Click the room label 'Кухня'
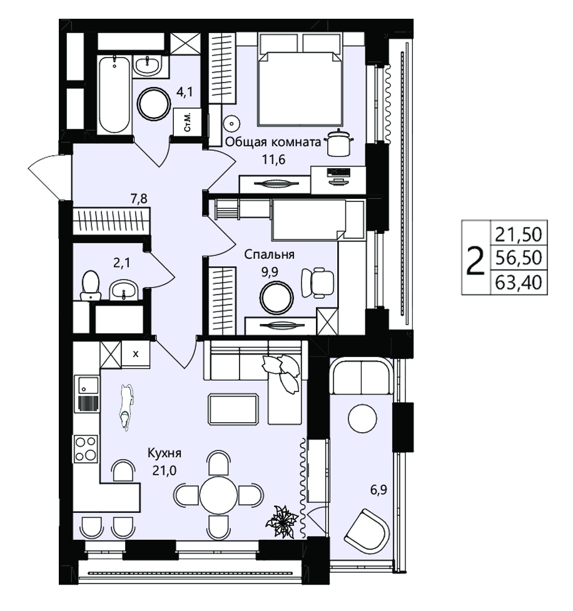[x=164, y=453]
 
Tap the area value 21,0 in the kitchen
[x=164, y=470]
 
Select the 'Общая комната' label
[x=273, y=142]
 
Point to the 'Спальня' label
[x=269, y=255]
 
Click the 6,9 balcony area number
[x=378, y=490]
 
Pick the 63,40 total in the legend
[x=519, y=282]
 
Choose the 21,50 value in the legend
[x=519, y=234]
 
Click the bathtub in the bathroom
[x=114, y=94]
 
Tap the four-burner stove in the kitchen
[x=86, y=448]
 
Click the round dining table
[x=219, y=495]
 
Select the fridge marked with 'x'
[x=136, y=354]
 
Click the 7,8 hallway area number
[x=139, y=199]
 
